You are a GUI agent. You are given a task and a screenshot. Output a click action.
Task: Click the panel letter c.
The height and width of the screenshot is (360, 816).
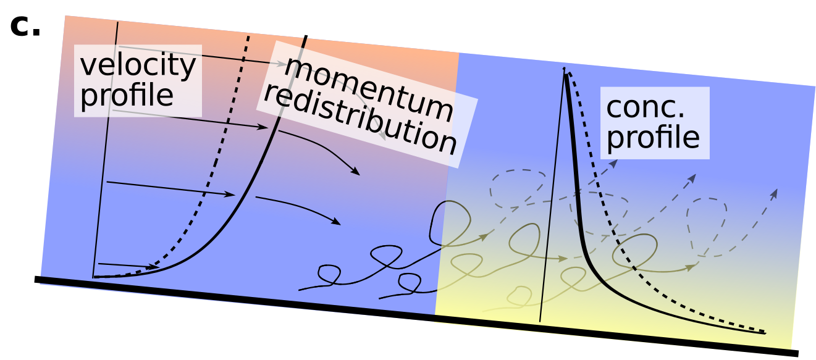pos(25,27)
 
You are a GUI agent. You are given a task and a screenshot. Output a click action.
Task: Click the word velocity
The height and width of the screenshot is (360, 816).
pos(138,65)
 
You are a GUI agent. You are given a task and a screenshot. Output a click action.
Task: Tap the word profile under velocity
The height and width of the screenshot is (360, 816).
pos(127,95)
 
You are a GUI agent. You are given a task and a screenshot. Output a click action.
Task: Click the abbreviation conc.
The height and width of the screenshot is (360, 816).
pos(645,108)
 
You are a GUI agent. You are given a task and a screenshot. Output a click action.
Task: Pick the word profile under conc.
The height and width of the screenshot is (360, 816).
pos(653,138)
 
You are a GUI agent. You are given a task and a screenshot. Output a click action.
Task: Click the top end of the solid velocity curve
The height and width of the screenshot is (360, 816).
pos(306,36)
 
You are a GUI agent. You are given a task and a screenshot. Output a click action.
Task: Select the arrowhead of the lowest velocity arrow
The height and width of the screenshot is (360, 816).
pos(154,267)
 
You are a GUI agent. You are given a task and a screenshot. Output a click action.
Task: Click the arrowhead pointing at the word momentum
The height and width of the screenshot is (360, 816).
pos(282,64)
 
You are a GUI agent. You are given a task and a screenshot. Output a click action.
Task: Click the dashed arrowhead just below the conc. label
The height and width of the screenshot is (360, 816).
pos(614,164)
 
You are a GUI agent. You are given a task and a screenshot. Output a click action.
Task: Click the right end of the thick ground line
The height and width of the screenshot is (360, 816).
pos(798,353)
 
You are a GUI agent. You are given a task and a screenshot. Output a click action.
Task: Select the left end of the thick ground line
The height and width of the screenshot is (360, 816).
pos(35,279)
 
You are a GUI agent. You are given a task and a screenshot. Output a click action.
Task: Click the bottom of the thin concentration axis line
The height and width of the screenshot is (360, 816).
pos(540,322)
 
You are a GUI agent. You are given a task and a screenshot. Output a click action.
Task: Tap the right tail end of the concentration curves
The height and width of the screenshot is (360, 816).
pos(765,333)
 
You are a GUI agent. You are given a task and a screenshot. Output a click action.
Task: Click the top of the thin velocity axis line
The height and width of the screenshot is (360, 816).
pos(117,23)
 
